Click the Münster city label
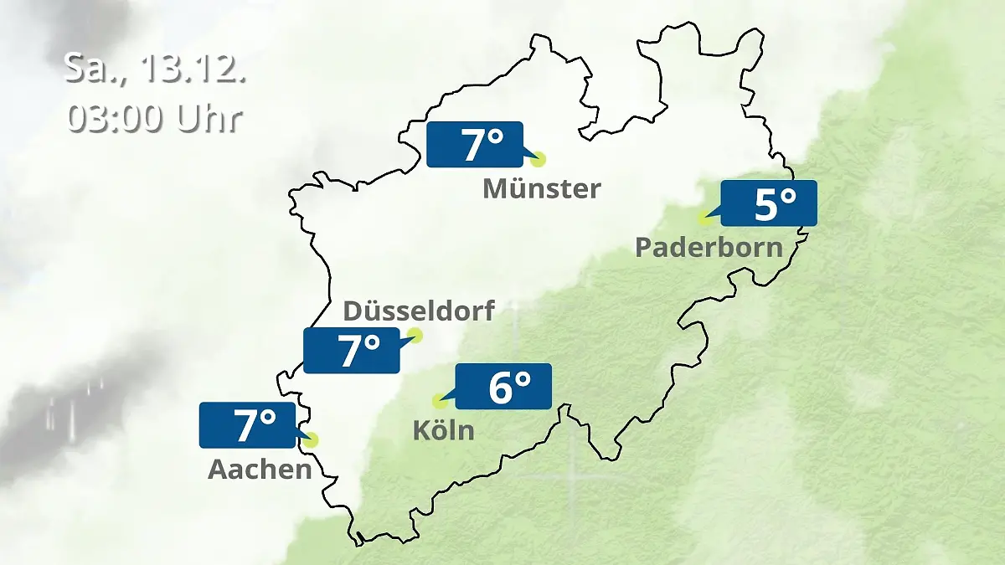(542, 189)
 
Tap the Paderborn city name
(709, 248)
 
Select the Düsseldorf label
(419, 311)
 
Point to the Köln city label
(443, 431)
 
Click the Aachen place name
(260, 470)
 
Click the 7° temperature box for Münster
(474, 145)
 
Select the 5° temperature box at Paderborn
(768, 203)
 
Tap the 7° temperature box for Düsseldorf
(352, 351)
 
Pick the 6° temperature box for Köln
(503, 387)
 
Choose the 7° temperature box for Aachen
(248, 425)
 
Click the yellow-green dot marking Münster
(538, 159)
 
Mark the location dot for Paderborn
(705, 218)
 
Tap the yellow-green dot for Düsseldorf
(415, 336)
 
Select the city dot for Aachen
(312, 439)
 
